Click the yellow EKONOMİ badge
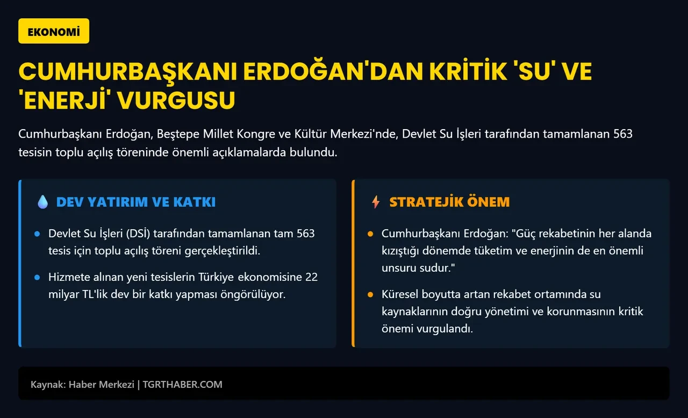click(x=54, y=31)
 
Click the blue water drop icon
click(x=43, y=202)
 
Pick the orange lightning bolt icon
click(x=376, y=202)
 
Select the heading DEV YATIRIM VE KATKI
click(x=136, y=202)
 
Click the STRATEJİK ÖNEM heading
click(x=449, y=202)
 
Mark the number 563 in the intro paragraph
click(x=622, y=134)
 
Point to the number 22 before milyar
click(x=311, y=278)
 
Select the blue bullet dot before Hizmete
click(x=37, y=278)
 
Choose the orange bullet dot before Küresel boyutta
click(x=370, y=295)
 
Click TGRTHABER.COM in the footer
click(x=182, y=385)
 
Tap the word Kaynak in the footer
click(x=47, y=385)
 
